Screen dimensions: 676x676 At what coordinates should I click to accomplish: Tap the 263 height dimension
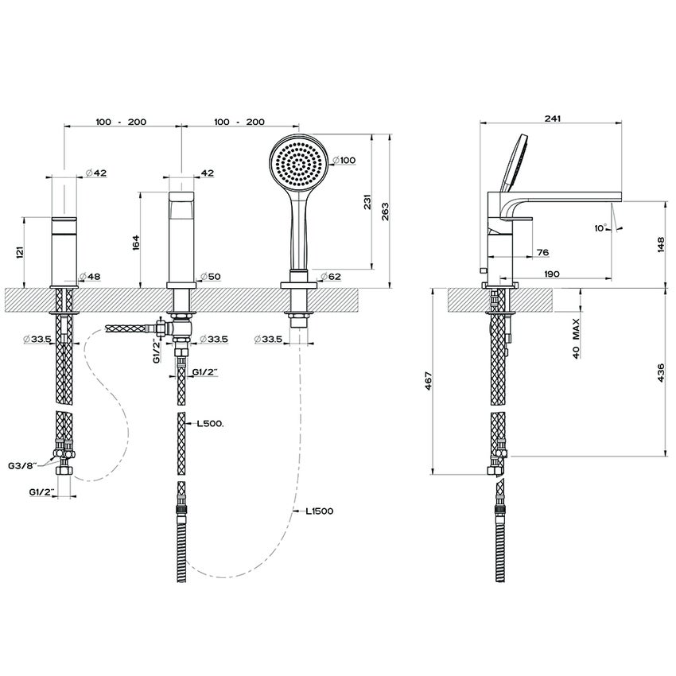(385, 211)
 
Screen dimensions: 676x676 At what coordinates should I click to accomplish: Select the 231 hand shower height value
(363, 203)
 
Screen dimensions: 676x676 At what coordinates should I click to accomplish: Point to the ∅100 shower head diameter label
(344, 161)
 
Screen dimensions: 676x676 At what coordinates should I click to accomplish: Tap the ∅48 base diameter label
(90, 276)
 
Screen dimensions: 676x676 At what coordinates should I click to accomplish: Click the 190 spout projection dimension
(552, 274)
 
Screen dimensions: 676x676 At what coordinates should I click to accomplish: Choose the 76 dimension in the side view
(543, 252)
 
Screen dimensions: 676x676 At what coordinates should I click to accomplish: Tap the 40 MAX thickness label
(575, 337)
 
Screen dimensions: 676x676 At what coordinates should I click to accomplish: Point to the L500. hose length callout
(210, 425)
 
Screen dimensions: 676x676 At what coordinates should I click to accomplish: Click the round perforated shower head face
(298, 165)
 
